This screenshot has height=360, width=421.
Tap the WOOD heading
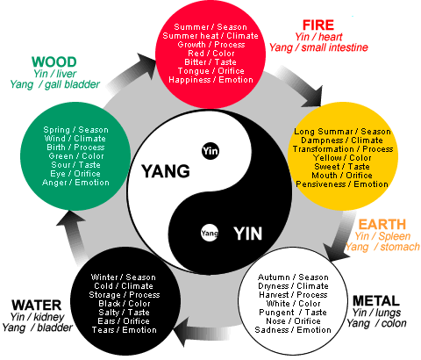[x=54, y=61]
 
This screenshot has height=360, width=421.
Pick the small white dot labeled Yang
[x=209, y=234]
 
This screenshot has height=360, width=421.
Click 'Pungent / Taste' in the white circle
[x=295, y=311]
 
